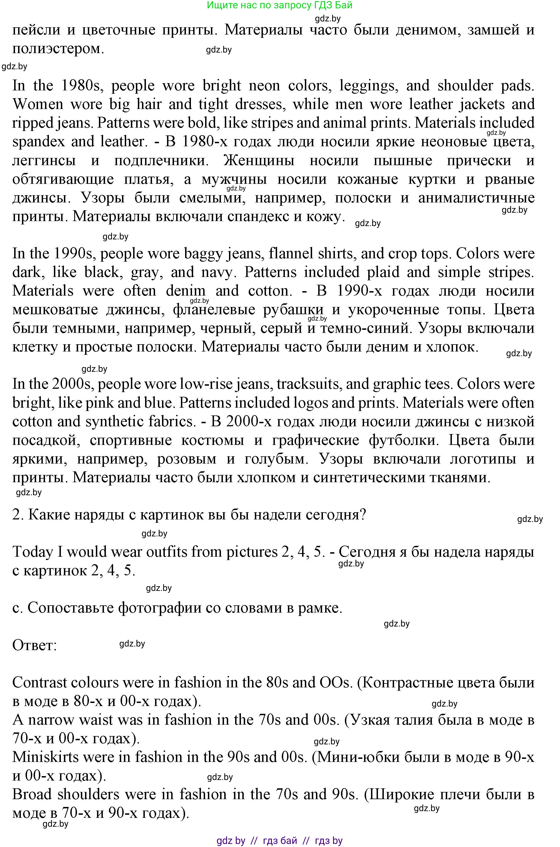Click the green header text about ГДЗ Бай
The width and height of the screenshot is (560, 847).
click(279, 5)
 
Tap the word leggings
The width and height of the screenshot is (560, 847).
click(367, 86)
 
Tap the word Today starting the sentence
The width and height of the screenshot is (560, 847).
click(33, 552)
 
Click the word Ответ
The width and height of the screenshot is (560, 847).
click(35, 645)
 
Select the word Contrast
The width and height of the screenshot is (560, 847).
click(43, 683)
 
